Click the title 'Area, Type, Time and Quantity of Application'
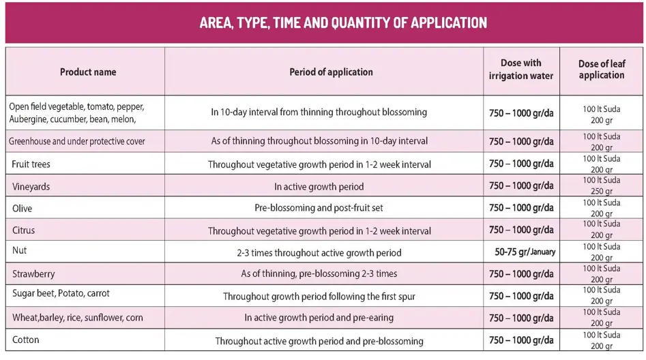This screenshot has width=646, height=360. point(343,22)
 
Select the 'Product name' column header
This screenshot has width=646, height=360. point(88,72)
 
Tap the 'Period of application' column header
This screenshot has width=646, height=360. point(331,72)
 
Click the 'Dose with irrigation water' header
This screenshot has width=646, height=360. point(521,70)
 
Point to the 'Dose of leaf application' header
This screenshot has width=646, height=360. point(601,70)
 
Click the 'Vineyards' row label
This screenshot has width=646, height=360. point(31,186)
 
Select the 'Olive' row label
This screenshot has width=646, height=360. point(23,208)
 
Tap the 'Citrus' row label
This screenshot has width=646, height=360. point(24,230)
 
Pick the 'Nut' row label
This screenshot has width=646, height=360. point(20,250)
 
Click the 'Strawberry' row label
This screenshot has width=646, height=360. point(34,274)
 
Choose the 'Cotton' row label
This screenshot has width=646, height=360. point(26,340)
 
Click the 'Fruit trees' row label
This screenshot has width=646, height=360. point(31,164)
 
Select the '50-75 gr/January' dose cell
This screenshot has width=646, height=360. point(525,252)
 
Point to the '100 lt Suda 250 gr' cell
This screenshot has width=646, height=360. point(601,185)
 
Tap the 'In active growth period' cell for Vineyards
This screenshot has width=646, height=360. point(319,186)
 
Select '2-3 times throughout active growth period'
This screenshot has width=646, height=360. point(319,252)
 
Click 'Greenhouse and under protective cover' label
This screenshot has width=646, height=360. point(77,142)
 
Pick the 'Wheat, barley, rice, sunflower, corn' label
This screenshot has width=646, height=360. point(76,318)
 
